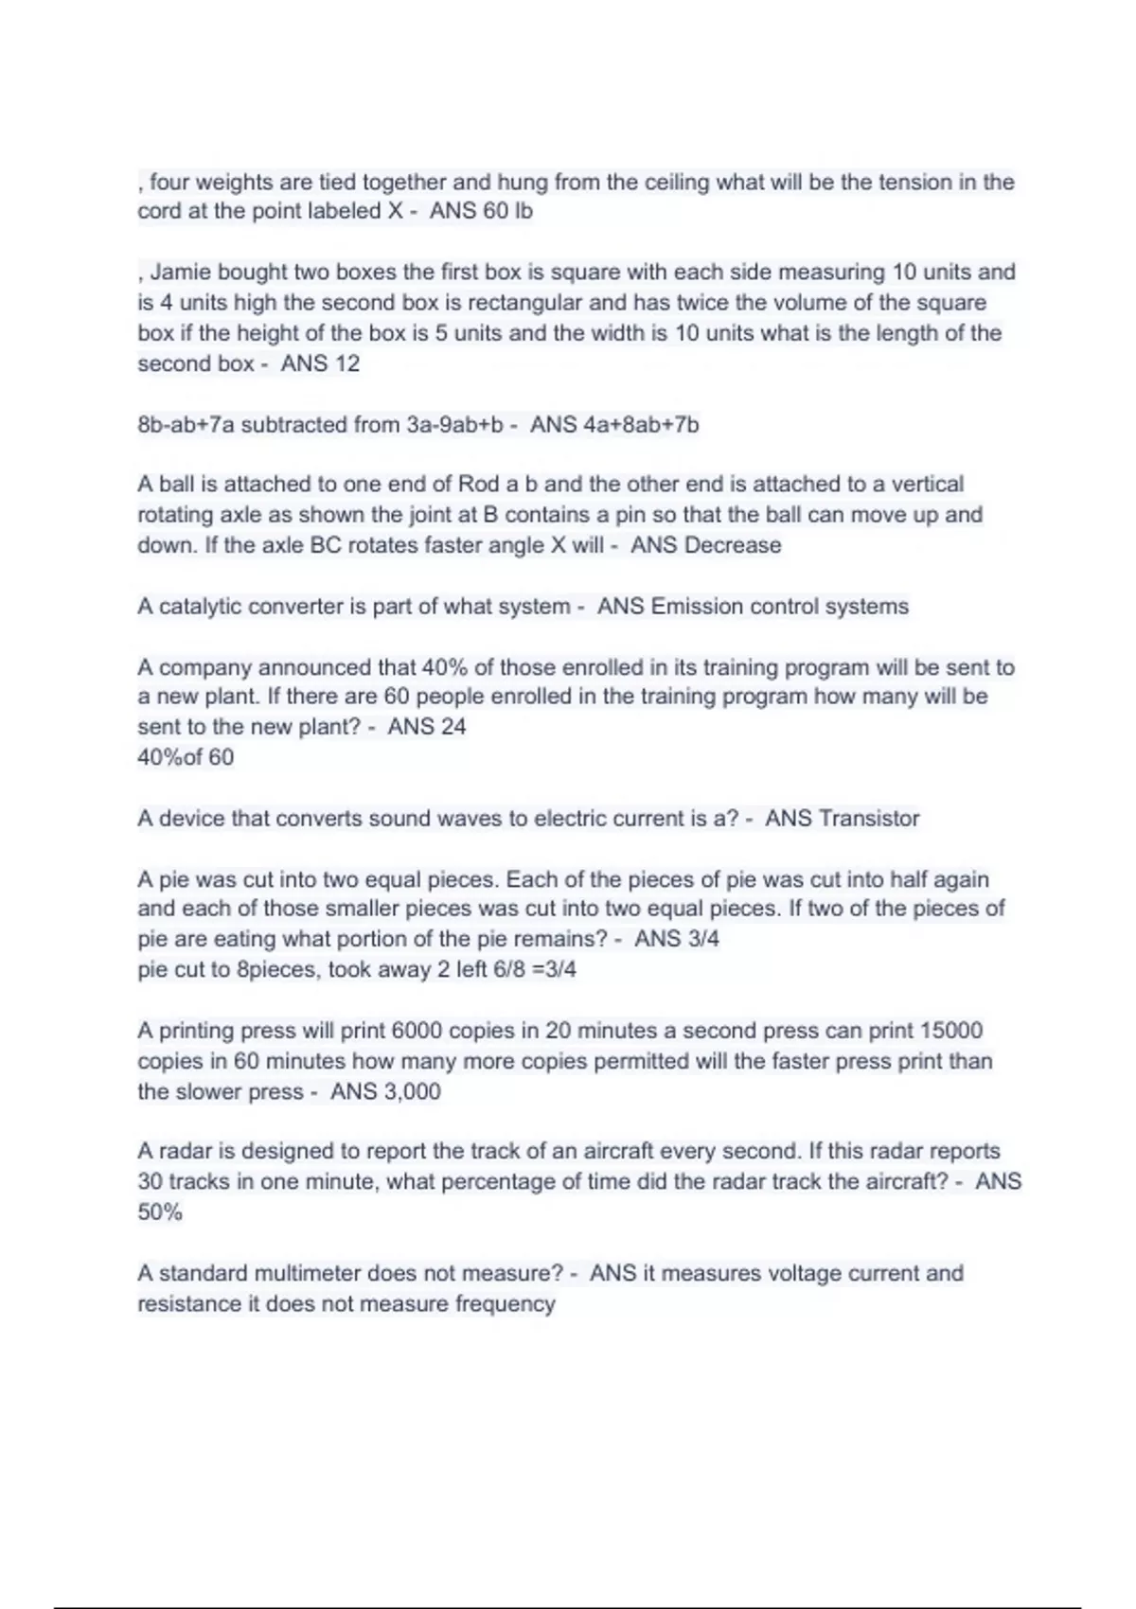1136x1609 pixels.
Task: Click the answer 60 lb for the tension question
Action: [507, 211]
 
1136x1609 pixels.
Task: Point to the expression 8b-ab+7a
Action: [186, 425]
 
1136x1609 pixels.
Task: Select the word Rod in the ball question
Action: [478, 485]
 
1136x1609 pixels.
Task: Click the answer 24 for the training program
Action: [452, 727]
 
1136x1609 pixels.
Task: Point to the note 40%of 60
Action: [186, 757]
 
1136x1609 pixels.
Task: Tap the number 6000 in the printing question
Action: [417, 1031]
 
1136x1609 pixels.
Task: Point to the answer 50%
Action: [159, 1212]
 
